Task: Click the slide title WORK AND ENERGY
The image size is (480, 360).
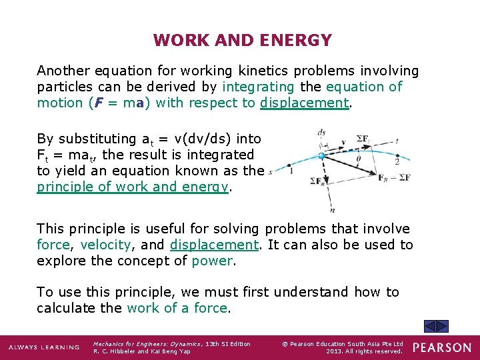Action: tap(242, 41)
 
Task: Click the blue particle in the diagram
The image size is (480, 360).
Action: tap(322, 156)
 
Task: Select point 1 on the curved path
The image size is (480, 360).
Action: tap(290, 171)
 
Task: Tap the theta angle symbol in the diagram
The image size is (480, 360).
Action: tap(358, 159)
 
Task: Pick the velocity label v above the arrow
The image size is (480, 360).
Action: tap(343, 142)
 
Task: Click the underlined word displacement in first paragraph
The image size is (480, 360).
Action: tap(305, 103)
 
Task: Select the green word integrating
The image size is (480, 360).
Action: tap(258, 87)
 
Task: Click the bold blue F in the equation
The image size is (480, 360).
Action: tap(97, 103)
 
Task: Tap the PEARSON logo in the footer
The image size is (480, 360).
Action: tap(441, 347)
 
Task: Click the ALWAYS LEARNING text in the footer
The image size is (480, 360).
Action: tap(44, 347)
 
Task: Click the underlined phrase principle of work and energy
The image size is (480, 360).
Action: tap(133, 187)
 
